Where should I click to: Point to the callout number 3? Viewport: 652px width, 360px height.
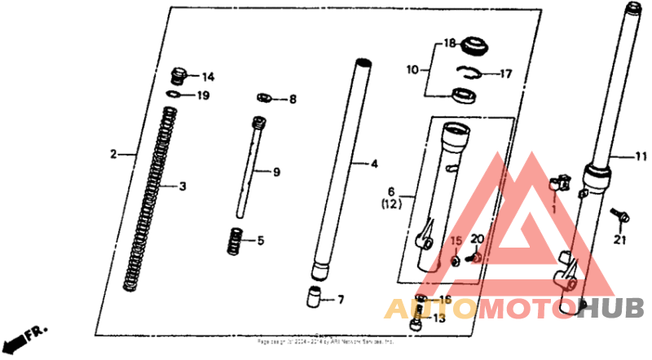coord(183,187)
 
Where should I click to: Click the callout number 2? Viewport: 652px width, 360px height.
coord(115,153)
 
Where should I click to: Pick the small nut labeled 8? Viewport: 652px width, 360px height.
coord(263,99)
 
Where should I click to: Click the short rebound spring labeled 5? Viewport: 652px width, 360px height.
coord(236,241)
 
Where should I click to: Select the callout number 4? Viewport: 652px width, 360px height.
coord(374,165)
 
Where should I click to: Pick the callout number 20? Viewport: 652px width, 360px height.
coord(477,239)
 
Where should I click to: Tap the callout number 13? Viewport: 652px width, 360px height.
coord(441,318)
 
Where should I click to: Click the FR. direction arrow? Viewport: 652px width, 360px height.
coord(25,336)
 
